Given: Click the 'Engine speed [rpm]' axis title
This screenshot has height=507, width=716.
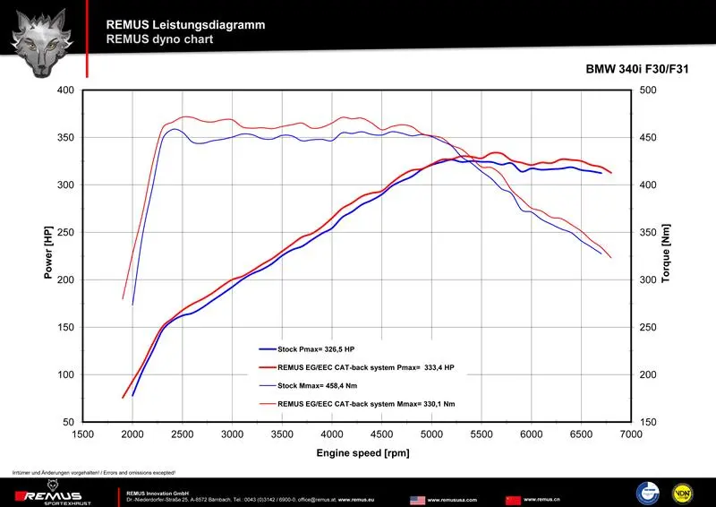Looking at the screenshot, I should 362,453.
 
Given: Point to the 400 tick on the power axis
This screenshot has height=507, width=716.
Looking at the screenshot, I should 65,90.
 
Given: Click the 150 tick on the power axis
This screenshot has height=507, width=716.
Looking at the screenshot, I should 65,327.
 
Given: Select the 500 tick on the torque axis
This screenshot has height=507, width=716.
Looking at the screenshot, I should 646,90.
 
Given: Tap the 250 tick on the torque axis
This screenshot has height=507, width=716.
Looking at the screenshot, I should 646,327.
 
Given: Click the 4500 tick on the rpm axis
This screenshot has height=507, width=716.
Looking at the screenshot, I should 382,434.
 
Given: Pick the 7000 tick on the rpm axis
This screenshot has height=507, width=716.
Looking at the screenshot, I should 632,434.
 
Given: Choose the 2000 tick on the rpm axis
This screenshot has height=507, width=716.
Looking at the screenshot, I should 132,434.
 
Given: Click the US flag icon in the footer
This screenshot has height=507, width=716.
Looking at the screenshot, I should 417,499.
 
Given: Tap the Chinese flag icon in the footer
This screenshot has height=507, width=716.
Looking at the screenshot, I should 513,499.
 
